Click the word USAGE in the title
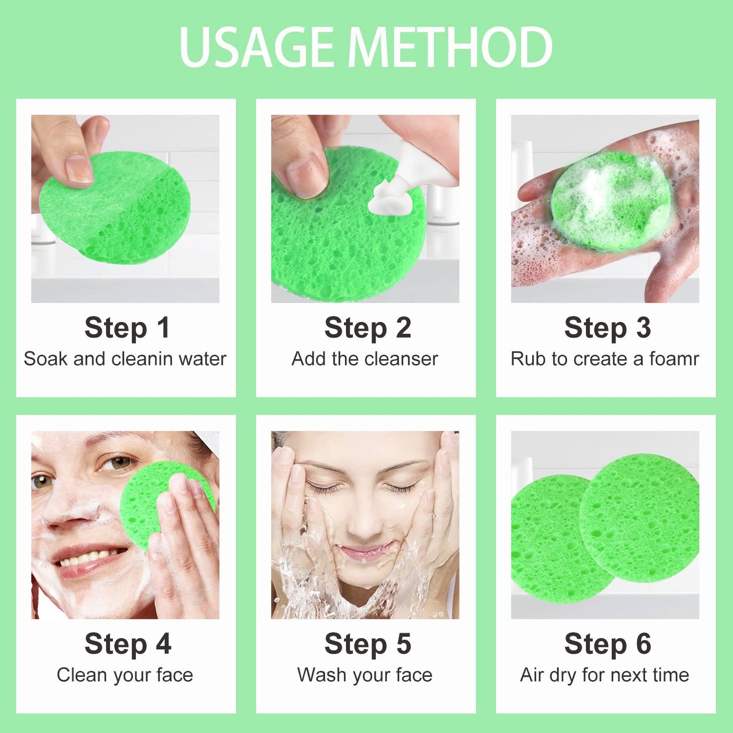click(256, 47)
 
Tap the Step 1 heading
click(127, 328)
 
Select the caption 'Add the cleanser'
click(365, 359)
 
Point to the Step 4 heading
click(128, 644)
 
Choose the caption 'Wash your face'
click(365, 675)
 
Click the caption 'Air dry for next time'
click(605, 675)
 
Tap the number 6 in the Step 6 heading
click(643, 644)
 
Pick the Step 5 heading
click(368, 644)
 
